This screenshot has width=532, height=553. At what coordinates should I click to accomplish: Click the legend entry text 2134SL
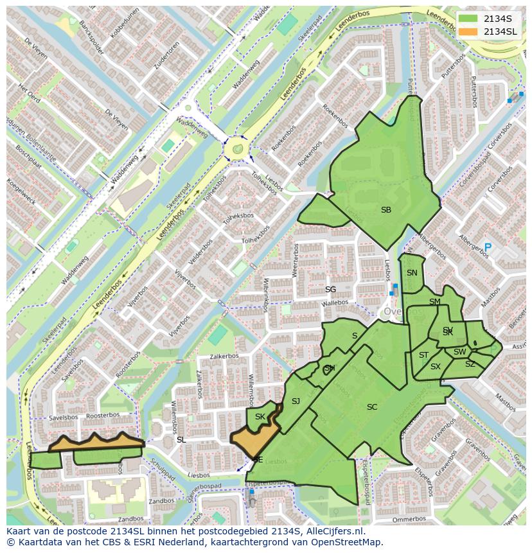click(x=500, y=31)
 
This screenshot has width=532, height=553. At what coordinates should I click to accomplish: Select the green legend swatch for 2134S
click(x=468, y=19)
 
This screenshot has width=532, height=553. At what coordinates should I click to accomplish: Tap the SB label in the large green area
click(x=386, y=210)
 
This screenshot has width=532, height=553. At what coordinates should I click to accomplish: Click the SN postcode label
click(x=412, y=272)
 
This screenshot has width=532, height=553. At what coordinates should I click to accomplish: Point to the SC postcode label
click(x=372, y=407)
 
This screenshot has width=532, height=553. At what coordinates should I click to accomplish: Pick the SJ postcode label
click(x=296, y=401)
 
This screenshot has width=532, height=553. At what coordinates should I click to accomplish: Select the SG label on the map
click(x=330, y=289)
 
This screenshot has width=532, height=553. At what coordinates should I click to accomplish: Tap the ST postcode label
click(x=423, y=355)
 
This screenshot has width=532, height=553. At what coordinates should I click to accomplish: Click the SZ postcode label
click(x=470, y=364)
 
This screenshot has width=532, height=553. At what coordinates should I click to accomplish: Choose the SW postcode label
click(x=459, y=351)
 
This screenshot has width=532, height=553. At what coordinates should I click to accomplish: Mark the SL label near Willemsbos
click(x=181, y=439)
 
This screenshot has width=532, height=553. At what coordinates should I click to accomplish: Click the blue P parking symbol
click(x=488, y=247)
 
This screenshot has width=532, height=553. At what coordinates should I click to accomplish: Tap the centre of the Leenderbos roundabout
click(x=238, y=149)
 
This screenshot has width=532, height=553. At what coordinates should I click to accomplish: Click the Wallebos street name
click(x=335, y=303)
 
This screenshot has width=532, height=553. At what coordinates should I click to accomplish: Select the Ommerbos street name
click(x=409, y=518)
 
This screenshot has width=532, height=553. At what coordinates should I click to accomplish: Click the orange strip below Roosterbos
click(x=96, y=442)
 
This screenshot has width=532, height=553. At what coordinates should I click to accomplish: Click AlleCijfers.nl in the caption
click(x=334, y=531)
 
